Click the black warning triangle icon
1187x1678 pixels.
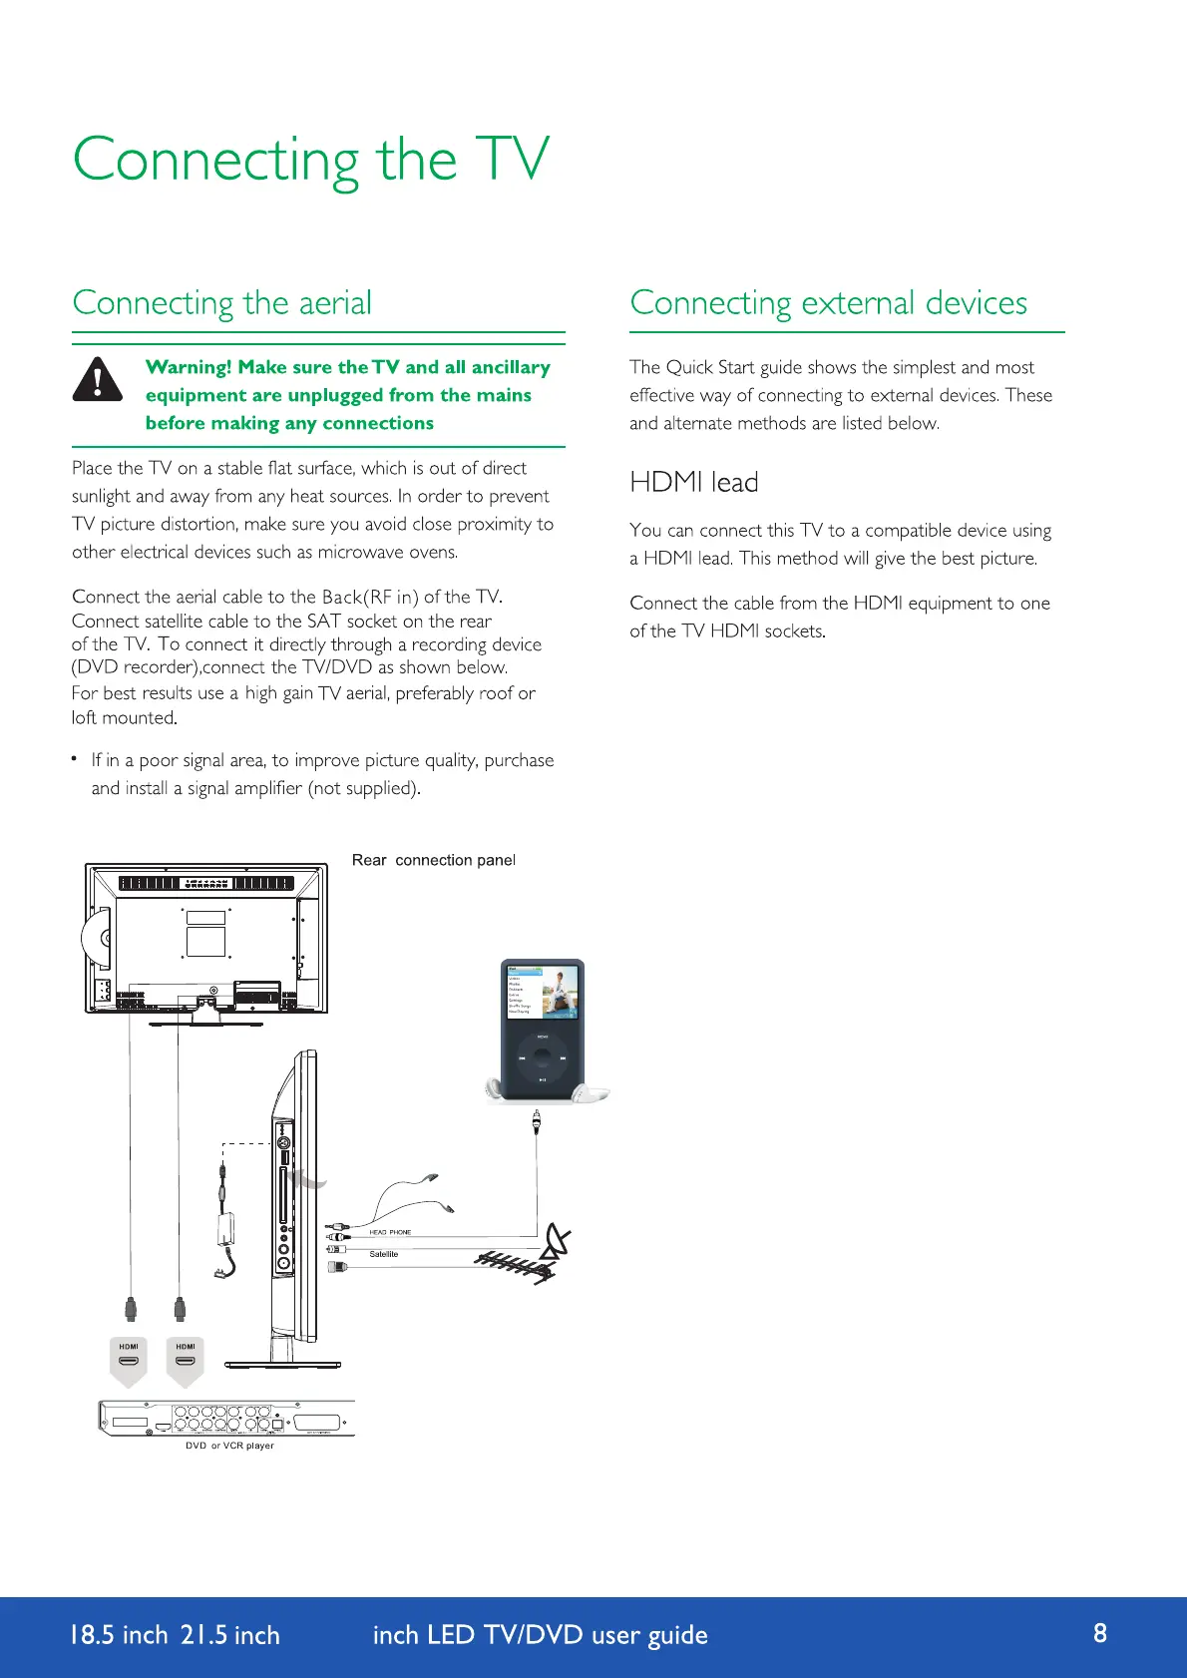click(98, 380)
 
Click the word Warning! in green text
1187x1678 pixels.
click(189, 367)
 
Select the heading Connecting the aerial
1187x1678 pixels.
click(221, 302)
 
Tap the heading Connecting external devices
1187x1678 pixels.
click(828, 302)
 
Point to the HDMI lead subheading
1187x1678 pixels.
click(693, 483)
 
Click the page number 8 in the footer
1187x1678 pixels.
click(1100, 1633)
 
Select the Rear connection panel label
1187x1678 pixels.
click(433, 860)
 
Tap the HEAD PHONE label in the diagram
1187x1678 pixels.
click(390, 1232)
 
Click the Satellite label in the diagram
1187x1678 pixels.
click(384, 1254)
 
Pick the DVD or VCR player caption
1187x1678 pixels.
click(229, 1446)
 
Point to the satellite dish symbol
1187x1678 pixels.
click(557, 1243)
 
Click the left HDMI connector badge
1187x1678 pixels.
click(129, 1361)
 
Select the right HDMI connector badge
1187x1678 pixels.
click(186, 1361)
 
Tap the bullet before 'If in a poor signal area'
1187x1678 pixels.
click(75, 759)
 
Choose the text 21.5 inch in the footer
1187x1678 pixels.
click(229, 1635)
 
